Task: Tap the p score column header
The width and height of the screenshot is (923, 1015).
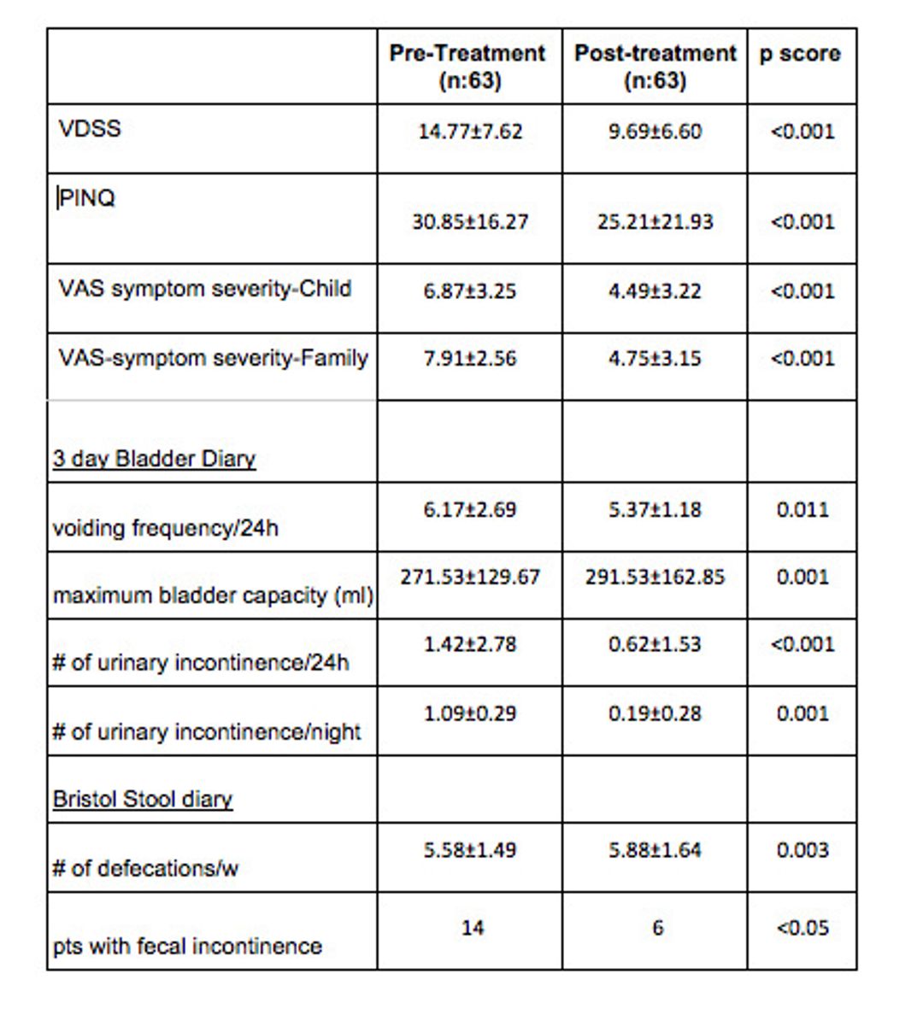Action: [x=801, y=54]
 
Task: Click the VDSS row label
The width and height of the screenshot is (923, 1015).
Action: [x=90, y=129]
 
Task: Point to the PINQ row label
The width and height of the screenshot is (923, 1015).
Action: [x=86, y=198]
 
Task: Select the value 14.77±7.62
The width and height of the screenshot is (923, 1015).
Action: [x=469, y=132]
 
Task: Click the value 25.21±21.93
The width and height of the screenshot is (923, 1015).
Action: [x=655, y=222]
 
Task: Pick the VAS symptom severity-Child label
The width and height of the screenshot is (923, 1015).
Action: [x=205, y=289]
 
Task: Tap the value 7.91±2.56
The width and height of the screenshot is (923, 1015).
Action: [x=469, y=358]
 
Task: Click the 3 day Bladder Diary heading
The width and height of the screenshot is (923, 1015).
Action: [x=154, y=459]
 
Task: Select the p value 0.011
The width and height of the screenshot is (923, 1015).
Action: [x=802, y=510]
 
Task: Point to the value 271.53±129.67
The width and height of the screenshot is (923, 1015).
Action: [x=469, y=578]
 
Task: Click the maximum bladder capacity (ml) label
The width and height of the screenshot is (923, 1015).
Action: [x=213, y=596]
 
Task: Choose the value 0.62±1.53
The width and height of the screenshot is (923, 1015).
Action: [x=655, y=644]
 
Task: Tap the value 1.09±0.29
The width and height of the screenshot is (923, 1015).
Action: [x=469, y=713]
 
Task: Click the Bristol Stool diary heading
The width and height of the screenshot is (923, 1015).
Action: [x=143, y=800]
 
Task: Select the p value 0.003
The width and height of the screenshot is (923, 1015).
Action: [x=802, y=850]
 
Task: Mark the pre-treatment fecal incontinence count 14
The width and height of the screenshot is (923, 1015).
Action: [x=472, y=928]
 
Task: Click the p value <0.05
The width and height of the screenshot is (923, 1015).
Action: [x=802, y=928]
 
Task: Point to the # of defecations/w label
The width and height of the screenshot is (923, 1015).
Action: [x=145, y=869]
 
